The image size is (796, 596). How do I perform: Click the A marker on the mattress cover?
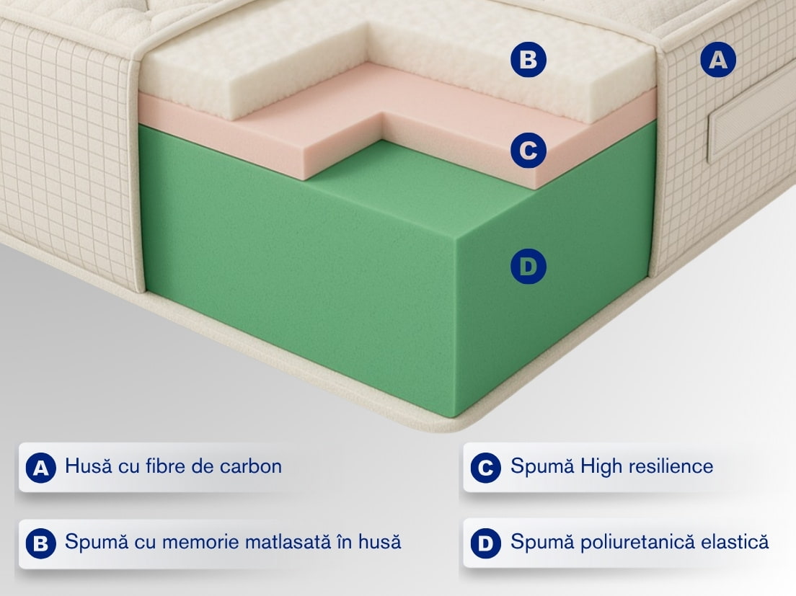(718, 60)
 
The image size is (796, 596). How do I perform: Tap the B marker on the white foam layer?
(528, 60)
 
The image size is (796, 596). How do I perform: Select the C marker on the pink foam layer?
(528, 150)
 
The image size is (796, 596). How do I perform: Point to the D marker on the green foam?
(528, 266)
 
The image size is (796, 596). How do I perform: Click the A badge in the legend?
(40, 468)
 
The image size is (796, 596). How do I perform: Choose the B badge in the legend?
(40, 544)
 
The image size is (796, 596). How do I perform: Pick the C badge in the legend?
(486, 468)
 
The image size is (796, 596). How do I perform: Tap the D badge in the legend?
(486, 544)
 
